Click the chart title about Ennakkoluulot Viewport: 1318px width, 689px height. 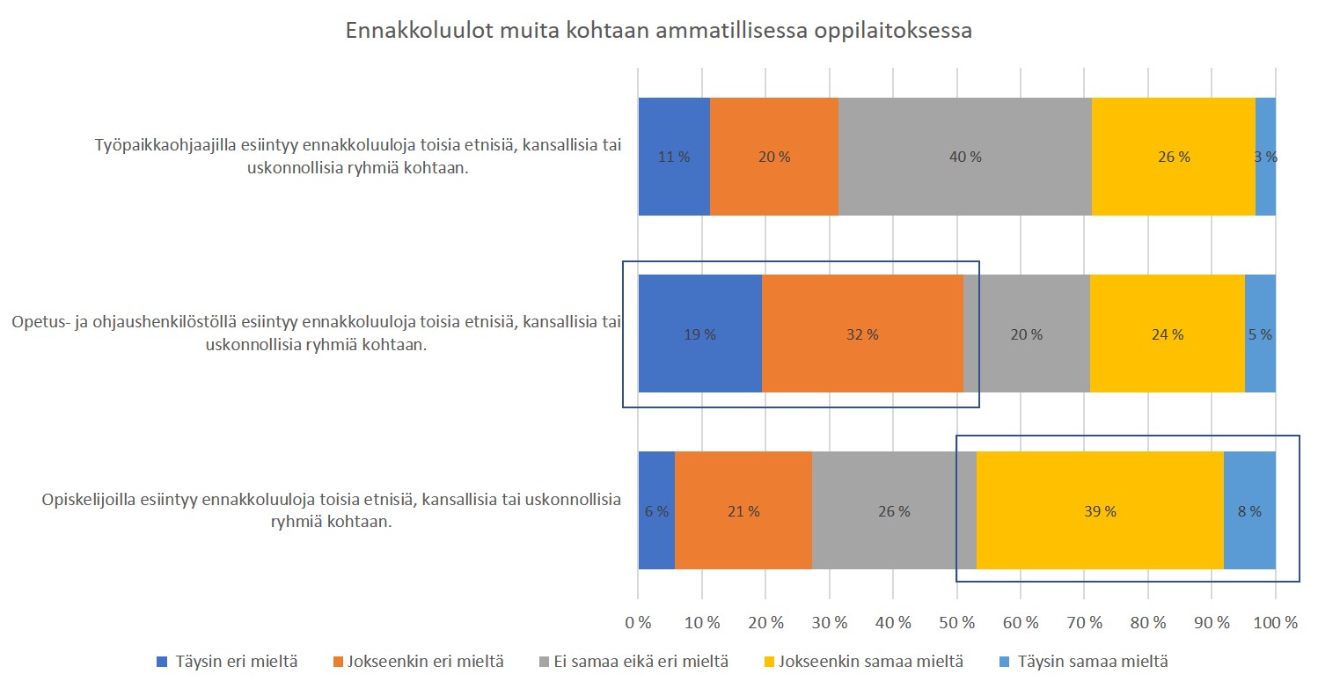[x=658, y=31]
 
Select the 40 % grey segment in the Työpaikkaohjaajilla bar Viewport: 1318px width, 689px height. [x=964, y=157]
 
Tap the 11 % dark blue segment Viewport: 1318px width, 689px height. [x=674, y=157]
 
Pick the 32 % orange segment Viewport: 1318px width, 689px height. [x=862, y=334]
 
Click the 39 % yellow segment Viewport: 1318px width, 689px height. [x=1100, y=510]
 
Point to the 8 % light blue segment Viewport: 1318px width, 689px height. [x=1249, y=510]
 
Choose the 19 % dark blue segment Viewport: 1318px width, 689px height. [x=699, y=334]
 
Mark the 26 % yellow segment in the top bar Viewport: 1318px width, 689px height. [x=1174, y=157]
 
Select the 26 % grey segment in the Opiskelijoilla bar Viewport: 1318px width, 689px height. [x=894, y=510]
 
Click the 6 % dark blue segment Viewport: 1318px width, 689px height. [x=656, y=510]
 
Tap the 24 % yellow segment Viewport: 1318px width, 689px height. [x=1168, y=334]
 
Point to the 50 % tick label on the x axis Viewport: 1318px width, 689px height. [x=957, y=622]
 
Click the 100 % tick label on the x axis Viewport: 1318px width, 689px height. [x=1275, y=622]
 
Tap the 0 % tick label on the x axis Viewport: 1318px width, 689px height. [x=638, y=622]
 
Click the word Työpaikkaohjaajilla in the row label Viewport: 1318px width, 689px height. [x=166, y=146]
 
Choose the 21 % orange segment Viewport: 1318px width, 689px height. [x=743, y=510]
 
